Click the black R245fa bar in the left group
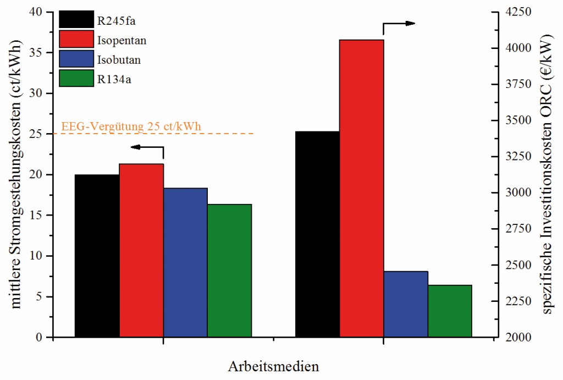[97, 256]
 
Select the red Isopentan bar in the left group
[141, 250]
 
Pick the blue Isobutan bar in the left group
[185, 262]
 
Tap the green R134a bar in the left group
[229, 270]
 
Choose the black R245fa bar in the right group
[317, 234]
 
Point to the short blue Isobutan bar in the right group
[405, 304]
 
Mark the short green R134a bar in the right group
[450, 311]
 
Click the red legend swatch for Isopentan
[76, 40]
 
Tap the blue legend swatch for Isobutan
[76, 59]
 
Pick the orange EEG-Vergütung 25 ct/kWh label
[131, 126]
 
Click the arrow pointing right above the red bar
[399, 24]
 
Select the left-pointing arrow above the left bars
[147, 147]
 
